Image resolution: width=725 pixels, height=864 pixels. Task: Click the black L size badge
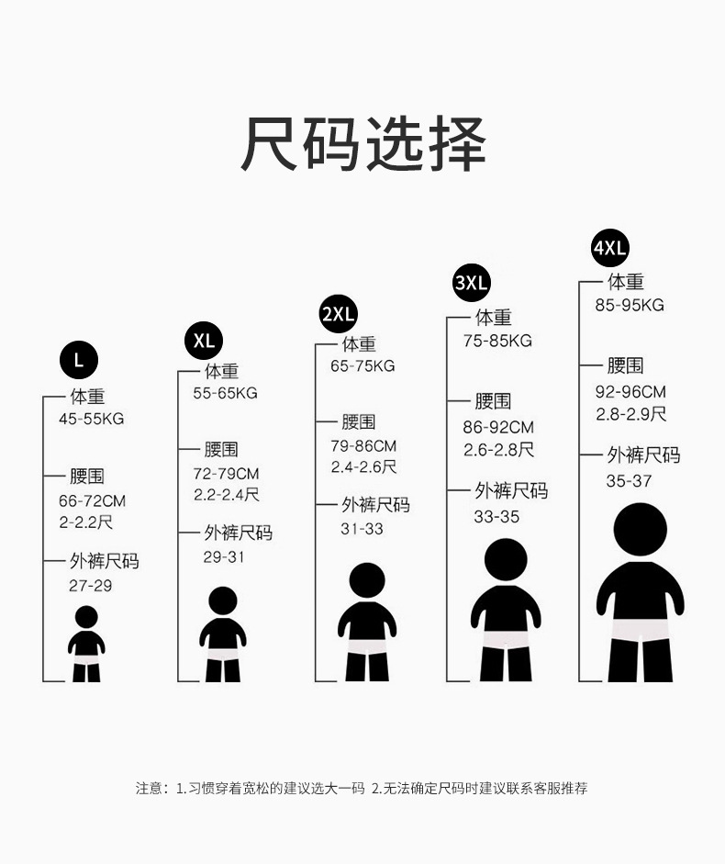point(79,361)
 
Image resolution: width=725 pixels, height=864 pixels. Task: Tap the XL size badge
point(204,341)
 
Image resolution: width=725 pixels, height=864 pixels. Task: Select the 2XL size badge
point(338,314)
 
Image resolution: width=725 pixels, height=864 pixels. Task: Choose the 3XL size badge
point(472,282)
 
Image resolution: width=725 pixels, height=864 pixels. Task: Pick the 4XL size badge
point(610,248)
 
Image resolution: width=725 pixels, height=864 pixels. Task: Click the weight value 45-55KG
point(91,419)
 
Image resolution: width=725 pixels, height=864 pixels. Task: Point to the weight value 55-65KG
point(225,393)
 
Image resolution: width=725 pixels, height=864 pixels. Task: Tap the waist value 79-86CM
point(363,445)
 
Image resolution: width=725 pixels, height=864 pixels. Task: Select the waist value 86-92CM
point(497,427)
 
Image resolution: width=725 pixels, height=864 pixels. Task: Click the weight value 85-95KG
point(629,305)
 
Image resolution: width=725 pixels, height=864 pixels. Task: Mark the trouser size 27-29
point(90,585)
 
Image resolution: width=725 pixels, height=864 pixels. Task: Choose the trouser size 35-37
point(629,481)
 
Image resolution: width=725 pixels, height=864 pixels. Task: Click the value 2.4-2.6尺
point(363,467)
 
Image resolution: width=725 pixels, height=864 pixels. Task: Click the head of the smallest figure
point(86,616)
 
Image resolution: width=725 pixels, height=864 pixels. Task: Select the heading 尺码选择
point(362,145)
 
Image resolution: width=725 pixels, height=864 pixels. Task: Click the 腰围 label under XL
point(221,450)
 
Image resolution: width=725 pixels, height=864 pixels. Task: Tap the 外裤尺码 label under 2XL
point(375,505)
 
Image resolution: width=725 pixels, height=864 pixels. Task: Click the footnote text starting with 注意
point(362,788)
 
